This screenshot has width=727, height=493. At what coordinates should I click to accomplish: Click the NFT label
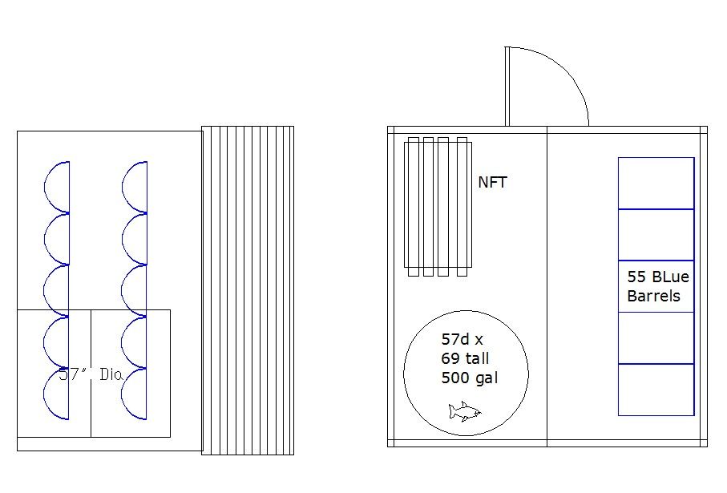492,182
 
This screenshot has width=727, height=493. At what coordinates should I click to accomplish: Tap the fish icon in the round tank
465,412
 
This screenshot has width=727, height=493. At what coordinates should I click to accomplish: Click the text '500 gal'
470,378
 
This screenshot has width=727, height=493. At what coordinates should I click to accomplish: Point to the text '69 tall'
465,358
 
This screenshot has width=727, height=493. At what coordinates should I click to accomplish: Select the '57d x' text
462,339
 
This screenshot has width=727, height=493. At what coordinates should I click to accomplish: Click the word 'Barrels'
654,296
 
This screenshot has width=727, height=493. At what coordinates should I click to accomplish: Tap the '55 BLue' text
658,277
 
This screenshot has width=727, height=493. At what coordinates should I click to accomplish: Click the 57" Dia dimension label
91,374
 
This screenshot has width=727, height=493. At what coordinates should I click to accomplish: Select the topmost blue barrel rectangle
656,184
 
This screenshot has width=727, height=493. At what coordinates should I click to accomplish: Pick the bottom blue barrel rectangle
656,390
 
